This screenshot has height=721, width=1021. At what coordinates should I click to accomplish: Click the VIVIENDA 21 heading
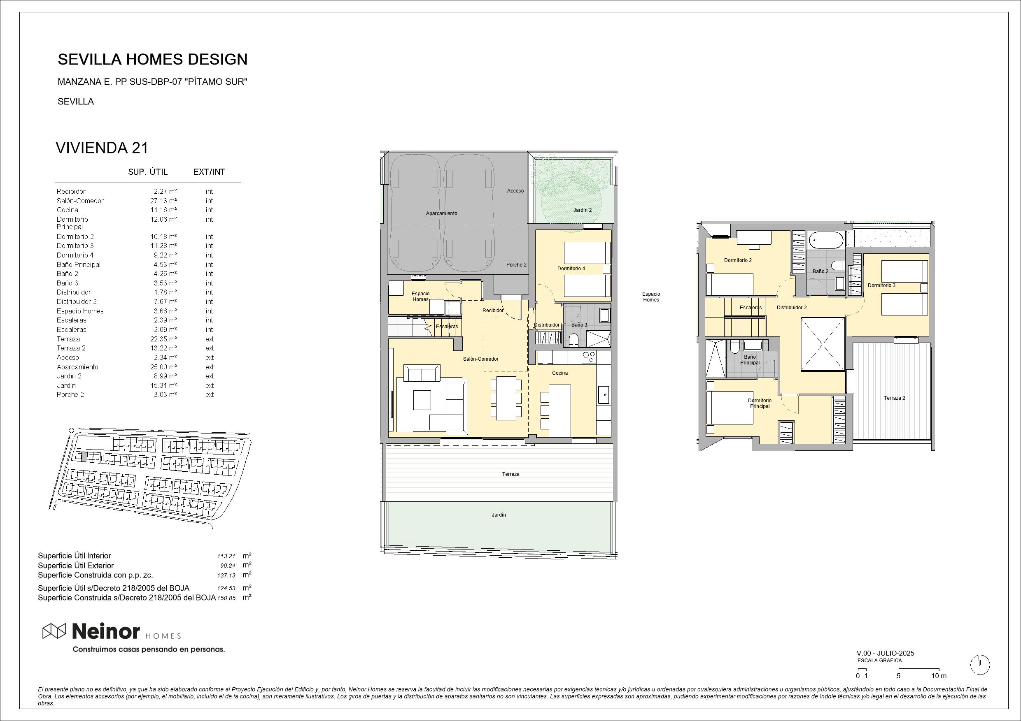[102, 148]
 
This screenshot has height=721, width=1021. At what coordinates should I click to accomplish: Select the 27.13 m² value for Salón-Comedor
[163, 201]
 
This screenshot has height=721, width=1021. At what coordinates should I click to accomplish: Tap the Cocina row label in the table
[67, 210]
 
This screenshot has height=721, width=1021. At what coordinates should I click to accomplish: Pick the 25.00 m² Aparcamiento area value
[163, 367]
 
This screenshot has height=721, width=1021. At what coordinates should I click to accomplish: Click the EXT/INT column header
[210, 172]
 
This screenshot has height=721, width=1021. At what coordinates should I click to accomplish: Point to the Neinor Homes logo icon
[54, 631]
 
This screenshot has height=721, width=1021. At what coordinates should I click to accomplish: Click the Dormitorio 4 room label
[571, 268]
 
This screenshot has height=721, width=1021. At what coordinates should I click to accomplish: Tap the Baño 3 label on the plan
[579, 325]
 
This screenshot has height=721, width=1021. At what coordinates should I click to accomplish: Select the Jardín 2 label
[583, 210]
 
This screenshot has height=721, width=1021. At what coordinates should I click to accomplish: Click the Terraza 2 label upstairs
[894, 398]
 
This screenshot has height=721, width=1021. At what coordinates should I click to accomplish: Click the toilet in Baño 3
[574, 340]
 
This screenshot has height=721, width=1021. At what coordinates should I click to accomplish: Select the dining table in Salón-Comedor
[506, 398]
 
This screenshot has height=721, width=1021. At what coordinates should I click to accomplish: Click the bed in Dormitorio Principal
[730, 407]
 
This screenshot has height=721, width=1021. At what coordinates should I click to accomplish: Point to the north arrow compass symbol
[980, 665]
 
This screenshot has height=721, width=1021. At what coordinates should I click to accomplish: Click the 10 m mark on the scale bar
[939, 676]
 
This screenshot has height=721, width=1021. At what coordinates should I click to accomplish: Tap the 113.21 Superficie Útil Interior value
[226, 556]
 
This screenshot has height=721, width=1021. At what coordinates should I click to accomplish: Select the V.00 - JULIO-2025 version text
[886, 654]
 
